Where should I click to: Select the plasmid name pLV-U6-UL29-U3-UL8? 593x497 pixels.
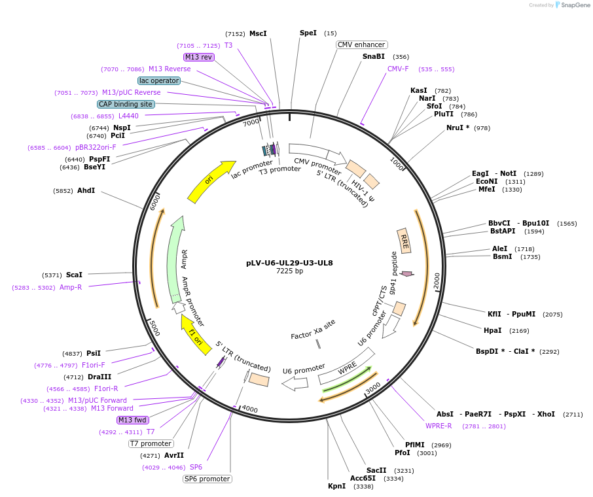click(289, 263)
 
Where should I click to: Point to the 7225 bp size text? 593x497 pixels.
click(289, 271)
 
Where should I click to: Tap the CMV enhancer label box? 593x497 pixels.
click(362, 44)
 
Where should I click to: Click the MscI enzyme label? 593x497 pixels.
click(258, 33)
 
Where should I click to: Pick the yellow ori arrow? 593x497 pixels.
click(211, 181)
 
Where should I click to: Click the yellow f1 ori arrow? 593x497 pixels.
click(196, 334)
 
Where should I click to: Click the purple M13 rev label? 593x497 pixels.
click(198, 57)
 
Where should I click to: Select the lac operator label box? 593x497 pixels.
click(159, 80)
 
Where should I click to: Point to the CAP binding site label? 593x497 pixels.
click(126, 104)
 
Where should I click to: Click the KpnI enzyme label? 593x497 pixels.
click(336, 486)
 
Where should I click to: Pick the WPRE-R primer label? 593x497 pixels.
click(439, 426)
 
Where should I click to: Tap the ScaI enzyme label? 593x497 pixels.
click(74, 275)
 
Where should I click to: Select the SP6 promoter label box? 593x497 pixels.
click(207, 479)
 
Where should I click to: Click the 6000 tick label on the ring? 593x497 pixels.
click(155, 201)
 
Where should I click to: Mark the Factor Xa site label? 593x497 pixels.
click(313, 335)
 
